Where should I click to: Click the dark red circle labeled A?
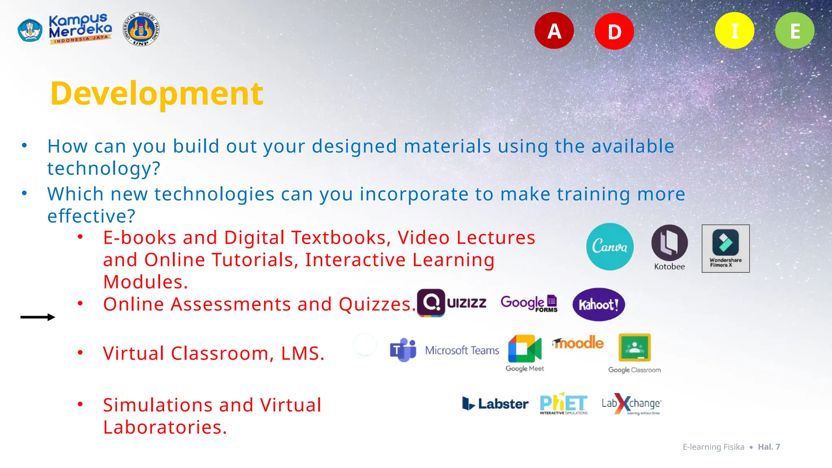click(x=554, y=31)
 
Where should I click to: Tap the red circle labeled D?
click(x=614, y=31)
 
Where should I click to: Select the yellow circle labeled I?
click(x=734, y=31)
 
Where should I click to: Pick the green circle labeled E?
click(x=795, y=31)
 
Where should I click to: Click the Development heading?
click(x=157, y=93)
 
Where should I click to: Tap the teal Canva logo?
click(x=610, y=247)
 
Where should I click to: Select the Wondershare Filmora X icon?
click(x=726, y=248)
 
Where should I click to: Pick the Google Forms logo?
click(x=529, y=303)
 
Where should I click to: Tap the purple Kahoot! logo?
click(x=598, y=304)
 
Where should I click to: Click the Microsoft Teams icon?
click(x=403, y=350)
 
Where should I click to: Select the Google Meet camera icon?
click(x=524, y=349)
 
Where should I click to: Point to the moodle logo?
click(x=578, y=343)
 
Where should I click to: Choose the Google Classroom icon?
click(x=635, y=348)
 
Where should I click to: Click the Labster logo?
click(x=495, y=403)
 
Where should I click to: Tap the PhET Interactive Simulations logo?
click(x=563, y=403)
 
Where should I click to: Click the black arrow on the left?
click(x=38, y=317)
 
